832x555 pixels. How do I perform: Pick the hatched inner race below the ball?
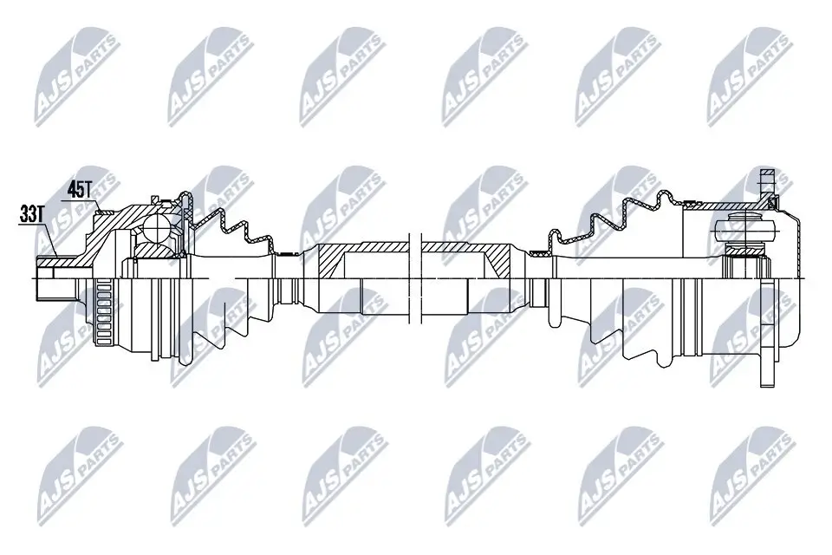click(x=156, y=251)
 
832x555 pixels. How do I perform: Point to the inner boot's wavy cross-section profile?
click(x=607, y=221)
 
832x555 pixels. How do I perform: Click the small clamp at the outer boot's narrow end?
click(x=280, y=254)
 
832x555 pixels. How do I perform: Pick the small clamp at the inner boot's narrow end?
click(x=539, y=253)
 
